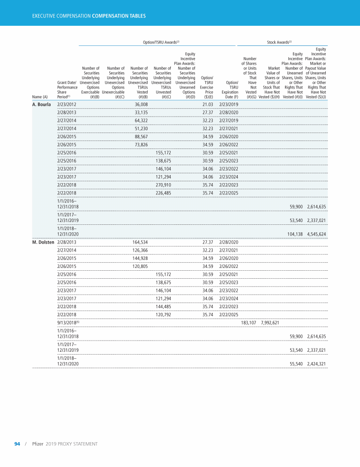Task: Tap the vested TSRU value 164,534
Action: tap(140, 242)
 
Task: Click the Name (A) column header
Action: tap(40, 97)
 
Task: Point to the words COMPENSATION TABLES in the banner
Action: tap(119, 16)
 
